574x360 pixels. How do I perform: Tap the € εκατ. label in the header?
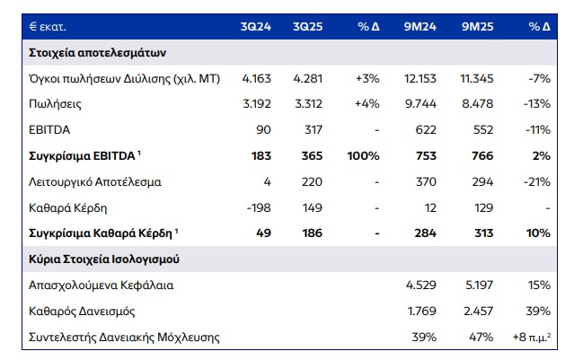(x=42, y=27)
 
